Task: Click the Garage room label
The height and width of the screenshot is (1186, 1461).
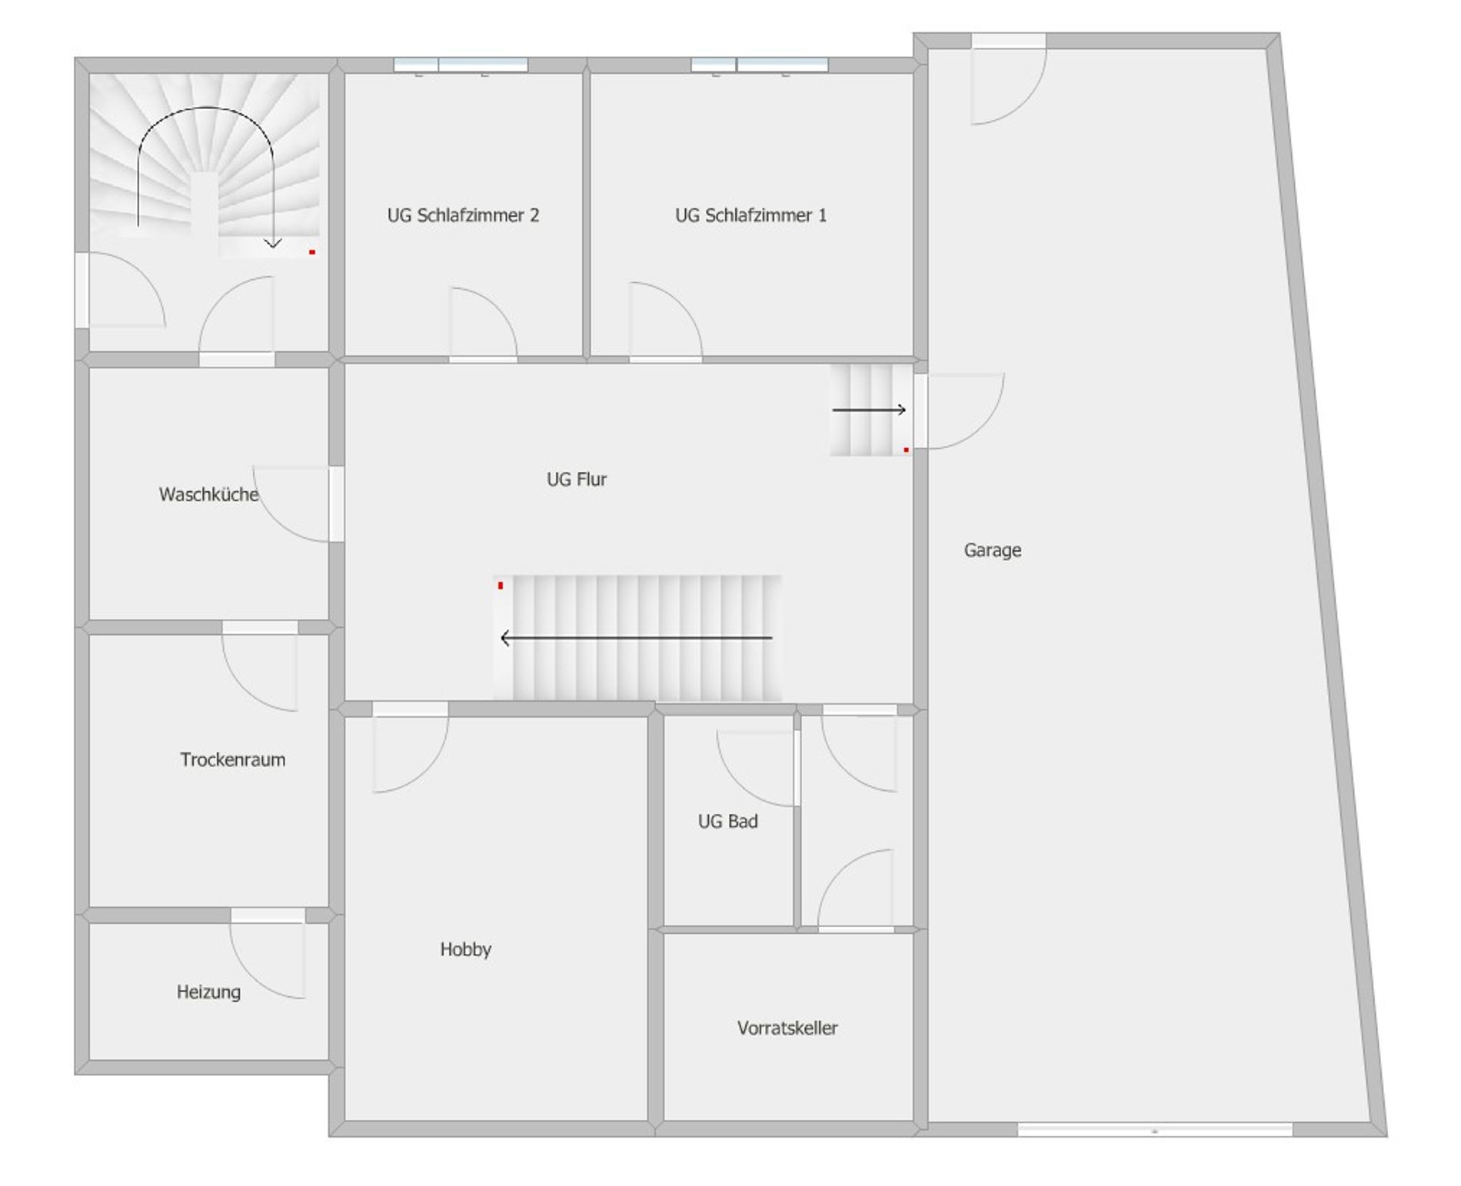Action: tap(992, 550)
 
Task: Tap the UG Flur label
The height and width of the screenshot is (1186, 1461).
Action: tap(577, 480)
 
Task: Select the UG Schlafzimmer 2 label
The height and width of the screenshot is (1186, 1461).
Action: tap(463, 215)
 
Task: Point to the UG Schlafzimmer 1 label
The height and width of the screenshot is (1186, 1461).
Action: tap(751, 215)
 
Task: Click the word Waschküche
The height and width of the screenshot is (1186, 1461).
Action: tap(208, 494)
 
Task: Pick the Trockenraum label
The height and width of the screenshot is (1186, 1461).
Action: tap(233, 759)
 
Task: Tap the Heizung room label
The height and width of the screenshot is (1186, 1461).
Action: tap(208, 992)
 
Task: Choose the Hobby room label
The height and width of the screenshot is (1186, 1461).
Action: tap(465, 949)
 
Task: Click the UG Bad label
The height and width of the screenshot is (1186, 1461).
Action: tap(727, 821)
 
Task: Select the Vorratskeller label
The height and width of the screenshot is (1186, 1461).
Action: tap(787, 1028)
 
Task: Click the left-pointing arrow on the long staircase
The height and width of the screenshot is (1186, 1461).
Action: tap(637, 638)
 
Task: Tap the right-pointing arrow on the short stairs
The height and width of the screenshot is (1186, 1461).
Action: tap(869, 410)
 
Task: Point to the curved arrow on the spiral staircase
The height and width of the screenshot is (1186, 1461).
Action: tap(206, 108)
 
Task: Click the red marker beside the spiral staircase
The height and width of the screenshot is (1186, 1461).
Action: tap(312, 252)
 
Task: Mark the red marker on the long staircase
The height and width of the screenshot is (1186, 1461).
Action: tap(501, 586)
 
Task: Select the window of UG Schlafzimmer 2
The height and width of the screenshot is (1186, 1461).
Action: tap(461, 65)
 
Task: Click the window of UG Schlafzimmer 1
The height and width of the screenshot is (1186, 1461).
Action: tap(760, 65)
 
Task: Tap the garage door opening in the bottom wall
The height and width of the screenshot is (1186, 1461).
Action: tap(1155, 1130)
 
